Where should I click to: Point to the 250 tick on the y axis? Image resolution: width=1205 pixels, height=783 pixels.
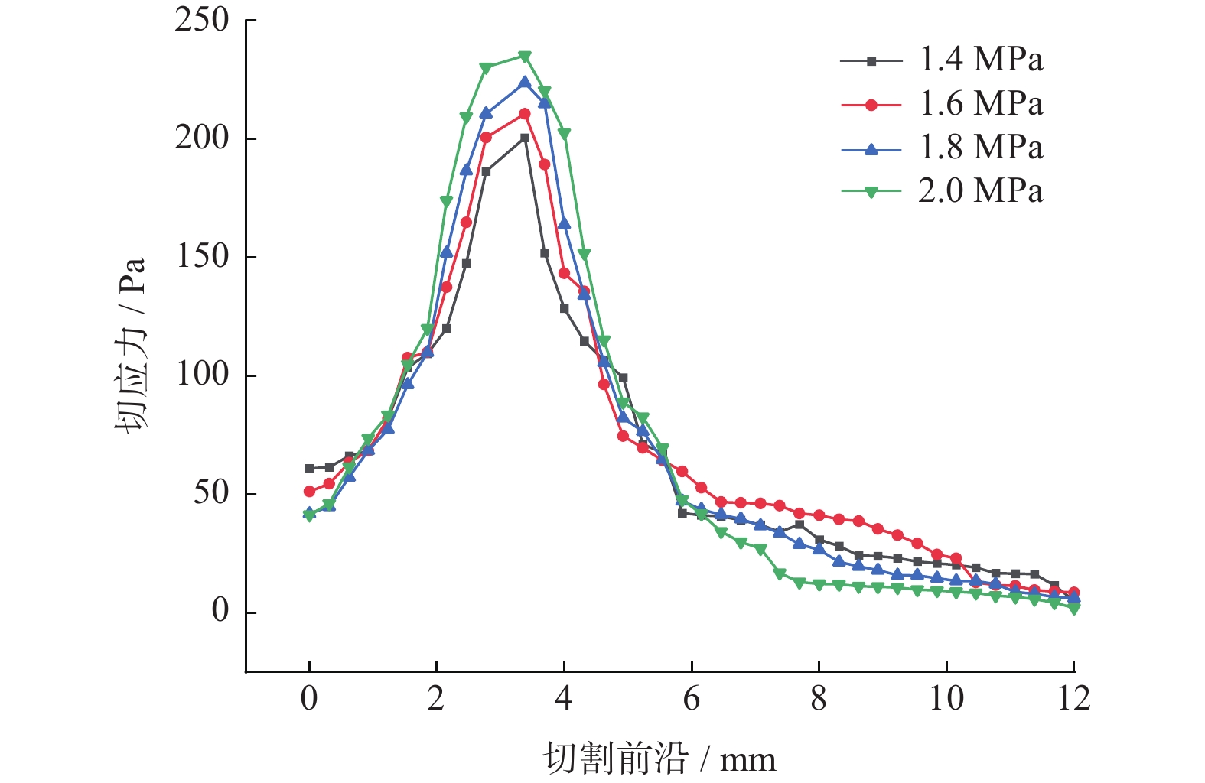(202, 21)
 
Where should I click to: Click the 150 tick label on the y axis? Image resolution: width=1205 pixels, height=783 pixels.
(202, 257)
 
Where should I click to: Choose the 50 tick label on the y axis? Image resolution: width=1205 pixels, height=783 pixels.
(210, 493)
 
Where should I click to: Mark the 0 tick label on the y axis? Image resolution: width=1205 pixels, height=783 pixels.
(220, 612)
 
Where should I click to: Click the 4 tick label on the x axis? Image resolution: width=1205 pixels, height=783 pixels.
(564, 699)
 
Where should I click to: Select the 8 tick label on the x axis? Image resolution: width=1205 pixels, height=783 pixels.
(819, 699)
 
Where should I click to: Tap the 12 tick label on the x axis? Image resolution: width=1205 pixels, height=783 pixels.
(1073, 699)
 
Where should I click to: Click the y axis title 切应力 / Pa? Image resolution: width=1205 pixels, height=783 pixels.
(131, 345)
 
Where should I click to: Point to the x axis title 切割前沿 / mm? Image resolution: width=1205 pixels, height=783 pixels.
(659, 759)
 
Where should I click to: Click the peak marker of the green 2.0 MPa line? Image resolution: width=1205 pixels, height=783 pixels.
(525, 57)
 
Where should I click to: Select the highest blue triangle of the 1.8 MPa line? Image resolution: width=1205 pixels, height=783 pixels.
(525, 82)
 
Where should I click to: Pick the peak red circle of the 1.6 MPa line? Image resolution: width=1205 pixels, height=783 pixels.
(525, 114)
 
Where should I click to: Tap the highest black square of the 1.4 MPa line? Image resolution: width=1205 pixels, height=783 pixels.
(525, 138)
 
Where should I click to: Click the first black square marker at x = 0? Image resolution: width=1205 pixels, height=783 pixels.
(309, 469)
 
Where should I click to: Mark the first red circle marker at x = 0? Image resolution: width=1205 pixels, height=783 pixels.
(309, 492)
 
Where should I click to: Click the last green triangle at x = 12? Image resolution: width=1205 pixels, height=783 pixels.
(1074, 609)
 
